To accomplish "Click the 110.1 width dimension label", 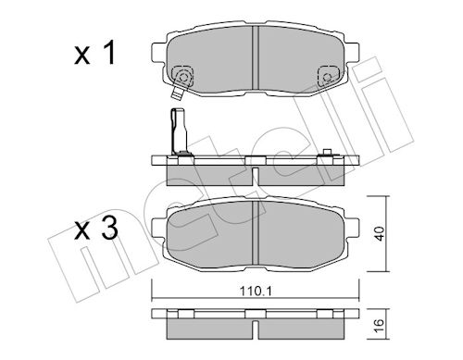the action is coord(256,291).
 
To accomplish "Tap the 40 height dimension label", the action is coord(380,233).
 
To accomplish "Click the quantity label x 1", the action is coord(94,54).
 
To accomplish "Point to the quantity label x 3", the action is coord(96,229).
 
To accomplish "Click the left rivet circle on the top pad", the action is coord(183,77).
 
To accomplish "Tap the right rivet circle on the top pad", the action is coord(327,77).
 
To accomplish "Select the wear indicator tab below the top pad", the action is coord(177,93).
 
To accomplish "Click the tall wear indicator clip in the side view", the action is coord(179,131).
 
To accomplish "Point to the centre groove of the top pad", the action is coord(256,57).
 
